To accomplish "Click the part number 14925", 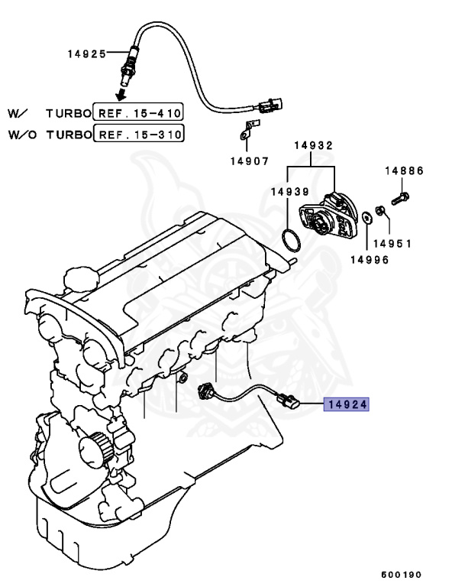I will [85, 55].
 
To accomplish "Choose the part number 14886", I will [404, 172].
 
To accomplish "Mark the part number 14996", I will [369, 259].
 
